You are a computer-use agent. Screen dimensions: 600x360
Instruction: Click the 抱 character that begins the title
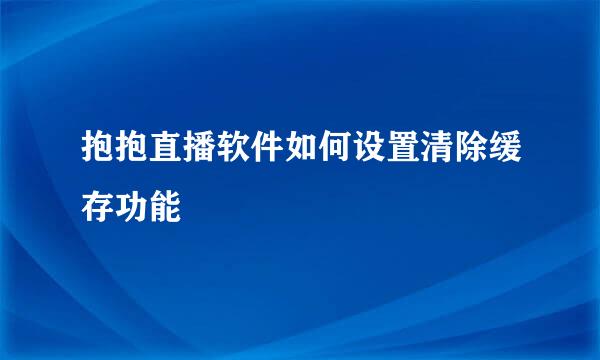98,147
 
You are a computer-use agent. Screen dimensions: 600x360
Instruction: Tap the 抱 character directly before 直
131,147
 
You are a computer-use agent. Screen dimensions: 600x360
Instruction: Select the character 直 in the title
165,147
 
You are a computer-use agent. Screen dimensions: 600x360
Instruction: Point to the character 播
199,147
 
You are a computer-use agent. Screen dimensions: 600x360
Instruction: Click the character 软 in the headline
233,147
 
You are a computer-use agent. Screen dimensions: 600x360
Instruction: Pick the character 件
267,147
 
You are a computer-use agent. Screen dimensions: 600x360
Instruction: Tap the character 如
302,147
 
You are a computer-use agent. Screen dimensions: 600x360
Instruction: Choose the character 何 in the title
336,147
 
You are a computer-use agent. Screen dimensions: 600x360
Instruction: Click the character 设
370,147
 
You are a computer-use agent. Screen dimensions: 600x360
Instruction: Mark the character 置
404,147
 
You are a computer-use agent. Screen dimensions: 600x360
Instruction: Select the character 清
438,147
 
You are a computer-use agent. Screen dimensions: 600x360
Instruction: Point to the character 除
472,147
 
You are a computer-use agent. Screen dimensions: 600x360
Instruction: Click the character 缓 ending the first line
506,147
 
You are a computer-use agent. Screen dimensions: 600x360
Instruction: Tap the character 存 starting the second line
98,207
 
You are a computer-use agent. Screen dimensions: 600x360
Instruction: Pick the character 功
131,207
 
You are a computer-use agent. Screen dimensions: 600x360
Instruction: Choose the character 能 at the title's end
165,207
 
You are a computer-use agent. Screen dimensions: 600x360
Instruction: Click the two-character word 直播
183,147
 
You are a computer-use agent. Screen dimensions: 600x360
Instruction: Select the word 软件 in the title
251,147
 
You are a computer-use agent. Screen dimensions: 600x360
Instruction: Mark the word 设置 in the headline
387,147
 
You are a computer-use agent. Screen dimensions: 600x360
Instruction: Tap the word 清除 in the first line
455,147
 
